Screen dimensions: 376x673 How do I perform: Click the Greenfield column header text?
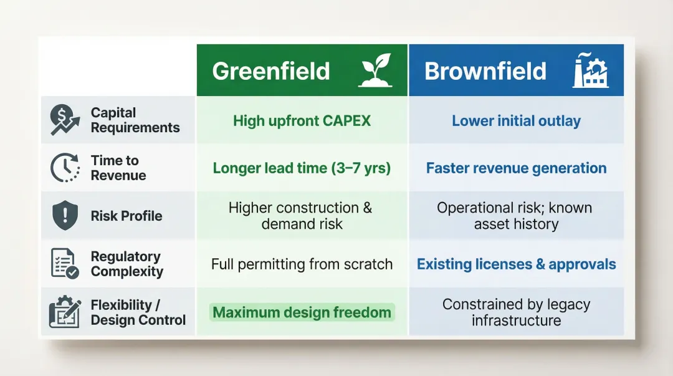pyautogui.click(x=271, y=71)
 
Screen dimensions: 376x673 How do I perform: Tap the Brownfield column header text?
pyautogui.click(x=485, y=71)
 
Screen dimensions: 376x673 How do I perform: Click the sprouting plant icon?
pyautogui.click(x=375, y=70)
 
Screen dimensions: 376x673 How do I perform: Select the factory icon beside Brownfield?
pyautogui.click(x=589, y=70)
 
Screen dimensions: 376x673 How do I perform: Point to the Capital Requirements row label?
pyautogui.click(x=135, y=120)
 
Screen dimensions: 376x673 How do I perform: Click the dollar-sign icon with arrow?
pyautogui.click(x=65, y=120)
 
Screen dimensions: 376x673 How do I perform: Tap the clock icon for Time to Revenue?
pyautogui.click(x=65, y=168)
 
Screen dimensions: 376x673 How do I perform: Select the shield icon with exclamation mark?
pyautogui.click(x=65, y=216)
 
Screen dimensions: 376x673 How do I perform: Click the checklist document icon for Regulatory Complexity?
pyautogui.click(x=65, y=264)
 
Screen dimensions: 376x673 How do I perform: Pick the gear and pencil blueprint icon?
pyautogui.click(x=65, y=312)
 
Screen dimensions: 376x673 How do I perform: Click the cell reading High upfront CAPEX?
pyautogui.click(x=302, y=120)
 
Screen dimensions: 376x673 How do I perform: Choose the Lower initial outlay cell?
pyautogui.click(x=516, y=120)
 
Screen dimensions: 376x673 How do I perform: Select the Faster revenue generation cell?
pyautogui.click(x=516, y=168)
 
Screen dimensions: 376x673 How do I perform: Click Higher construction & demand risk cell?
pyautogui.click(x=302, y=216)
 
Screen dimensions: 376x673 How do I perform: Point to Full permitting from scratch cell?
pyautogui.click(x=302, y=264)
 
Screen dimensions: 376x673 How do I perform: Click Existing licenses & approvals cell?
pyautogui.click(x=516, y=264)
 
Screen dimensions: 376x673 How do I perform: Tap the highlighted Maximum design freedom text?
pyautogui.click(x=302, y=312)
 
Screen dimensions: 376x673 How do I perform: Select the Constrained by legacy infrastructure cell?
pyautogui.click(x=516, y=312)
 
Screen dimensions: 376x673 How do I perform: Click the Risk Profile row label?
pyautogui.click(x=126, y=216)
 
